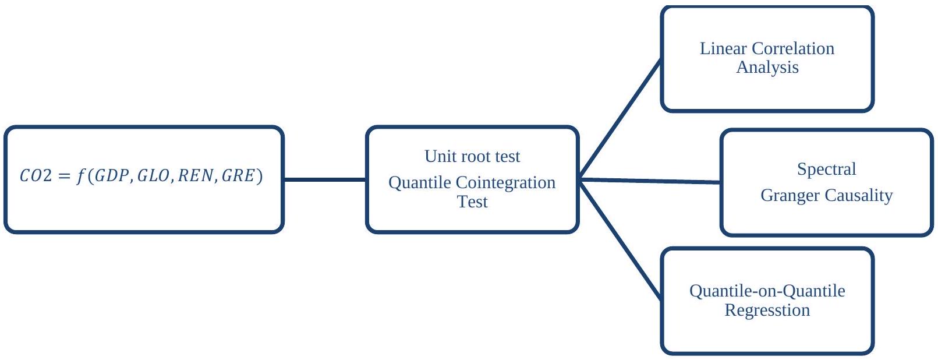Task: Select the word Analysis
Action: click(x=767, y=68)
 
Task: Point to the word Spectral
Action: click(x=826, y=169)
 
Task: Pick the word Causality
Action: click(x=858, y=196)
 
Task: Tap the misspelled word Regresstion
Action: click(x=767, y=310)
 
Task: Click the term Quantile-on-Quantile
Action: click(x=767, y=291)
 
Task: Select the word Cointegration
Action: click(x=505, y=183)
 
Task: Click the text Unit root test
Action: click(x=472, y=156)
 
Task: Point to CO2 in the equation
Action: click(x=33, y=176)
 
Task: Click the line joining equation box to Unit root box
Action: click(x=325, y=179)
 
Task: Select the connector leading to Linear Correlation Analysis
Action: click(x=620, y=118)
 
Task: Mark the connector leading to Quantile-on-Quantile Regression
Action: click(x=620, y=240)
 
